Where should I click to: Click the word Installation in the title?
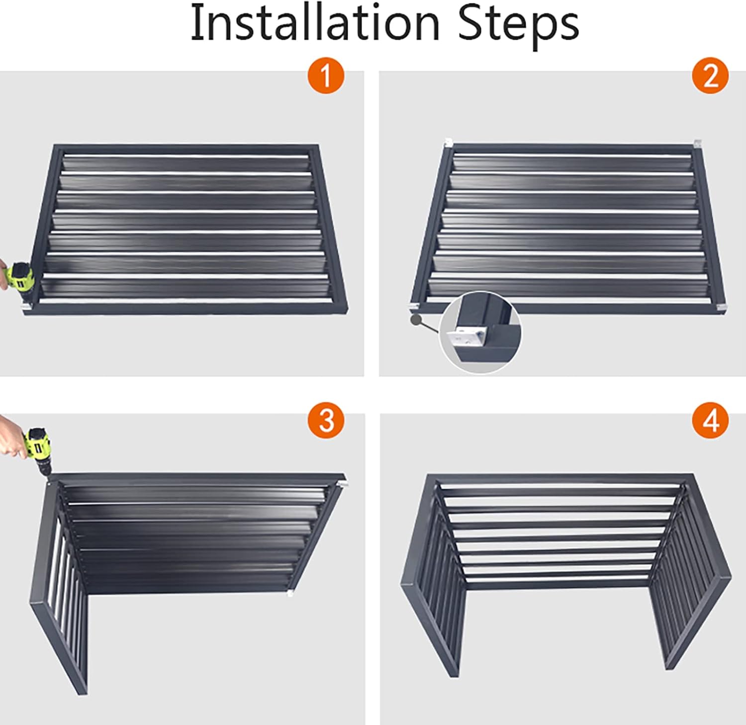point(314,23)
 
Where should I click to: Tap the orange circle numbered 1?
point(326,76)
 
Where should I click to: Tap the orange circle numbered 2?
point(710,76)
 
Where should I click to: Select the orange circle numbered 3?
point(326,420)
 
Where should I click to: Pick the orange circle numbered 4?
point(710,421)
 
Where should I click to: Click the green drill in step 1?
point(20,279)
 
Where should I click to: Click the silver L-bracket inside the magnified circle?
point(467,338)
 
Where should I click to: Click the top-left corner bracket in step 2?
point(448,143)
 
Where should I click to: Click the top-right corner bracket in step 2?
point(697,144)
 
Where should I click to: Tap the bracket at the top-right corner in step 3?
point(344,483)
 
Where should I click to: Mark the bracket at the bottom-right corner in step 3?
point(289,593)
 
